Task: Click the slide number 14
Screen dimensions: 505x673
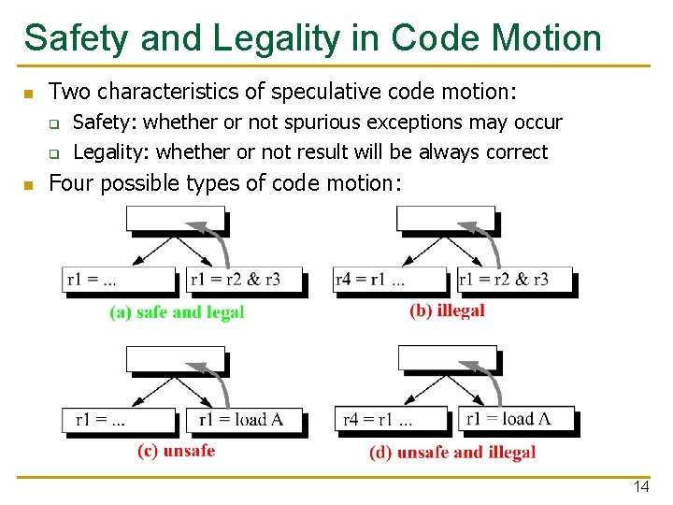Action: tap(641, 486)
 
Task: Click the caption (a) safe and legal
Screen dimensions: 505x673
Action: tap(177, 312)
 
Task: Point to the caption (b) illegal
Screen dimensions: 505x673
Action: tap(447, 310)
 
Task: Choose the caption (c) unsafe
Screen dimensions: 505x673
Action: tap(176, 451)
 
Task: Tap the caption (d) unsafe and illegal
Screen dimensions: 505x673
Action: tap(452, 453)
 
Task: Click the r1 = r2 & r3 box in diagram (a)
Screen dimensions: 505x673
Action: tap(236, 280)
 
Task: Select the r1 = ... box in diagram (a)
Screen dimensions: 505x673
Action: tap(120, 280)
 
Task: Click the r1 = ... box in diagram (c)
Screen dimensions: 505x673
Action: tap(120, 420)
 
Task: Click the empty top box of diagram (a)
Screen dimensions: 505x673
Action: tap(176, 218)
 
